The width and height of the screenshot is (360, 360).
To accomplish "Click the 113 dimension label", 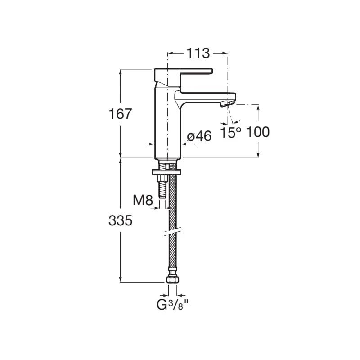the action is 198,53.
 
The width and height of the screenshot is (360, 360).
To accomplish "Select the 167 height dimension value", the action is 121,114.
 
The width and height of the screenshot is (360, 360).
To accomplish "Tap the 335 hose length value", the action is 121,220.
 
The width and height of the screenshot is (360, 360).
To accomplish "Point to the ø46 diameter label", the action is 199,137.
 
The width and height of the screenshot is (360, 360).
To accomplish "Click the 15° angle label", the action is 231,132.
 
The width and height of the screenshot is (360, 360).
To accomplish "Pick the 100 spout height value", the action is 258,132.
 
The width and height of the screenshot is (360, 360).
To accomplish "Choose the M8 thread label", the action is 143,200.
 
